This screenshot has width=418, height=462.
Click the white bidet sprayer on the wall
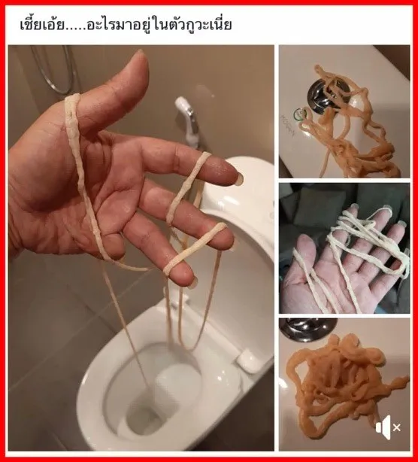188,122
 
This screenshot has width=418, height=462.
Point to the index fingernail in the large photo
240,177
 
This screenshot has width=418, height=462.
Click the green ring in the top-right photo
301,115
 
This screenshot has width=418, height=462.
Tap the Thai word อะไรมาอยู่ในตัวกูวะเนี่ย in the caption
159,24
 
